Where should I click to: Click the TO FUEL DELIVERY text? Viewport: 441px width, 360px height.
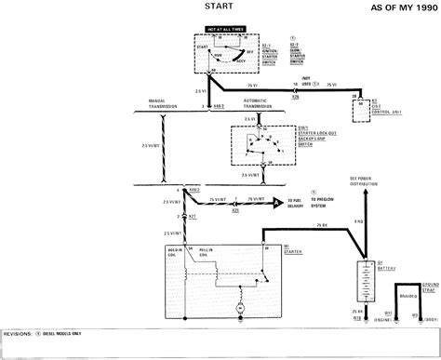click(298, 202)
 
